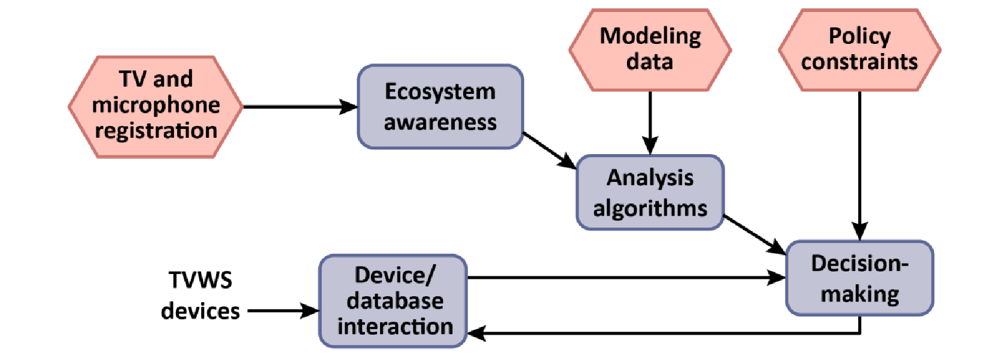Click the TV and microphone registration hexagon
[155, 107]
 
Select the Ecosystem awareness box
[440, 107]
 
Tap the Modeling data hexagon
[650, 49]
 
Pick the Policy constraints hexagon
[859, 49]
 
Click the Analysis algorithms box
[650, 193]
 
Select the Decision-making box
[859, 278]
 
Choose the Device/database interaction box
[393, 300]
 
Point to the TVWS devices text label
[201, 296]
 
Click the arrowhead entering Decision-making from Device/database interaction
[777, 278]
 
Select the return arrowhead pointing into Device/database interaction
[477, 333]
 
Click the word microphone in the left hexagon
[155, 105]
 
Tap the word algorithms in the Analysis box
[650, 208]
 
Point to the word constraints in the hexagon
[859, 62]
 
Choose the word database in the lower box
[395, 300]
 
